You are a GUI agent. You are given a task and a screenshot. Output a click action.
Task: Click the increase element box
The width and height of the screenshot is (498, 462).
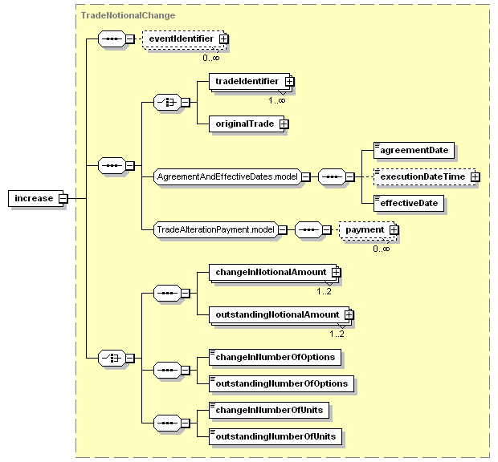click(36, 198)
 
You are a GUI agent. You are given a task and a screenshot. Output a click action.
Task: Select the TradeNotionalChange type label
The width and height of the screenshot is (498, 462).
click(128, 15)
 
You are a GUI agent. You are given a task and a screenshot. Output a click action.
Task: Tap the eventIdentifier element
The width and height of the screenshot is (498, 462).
click(184, 39)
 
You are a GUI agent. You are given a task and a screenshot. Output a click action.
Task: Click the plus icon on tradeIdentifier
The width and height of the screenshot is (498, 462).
click(289, 82)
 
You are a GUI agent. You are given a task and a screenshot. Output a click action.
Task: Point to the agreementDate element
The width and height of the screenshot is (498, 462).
click(414, 150)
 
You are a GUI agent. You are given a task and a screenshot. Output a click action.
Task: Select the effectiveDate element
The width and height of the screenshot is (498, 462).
click(408, 203)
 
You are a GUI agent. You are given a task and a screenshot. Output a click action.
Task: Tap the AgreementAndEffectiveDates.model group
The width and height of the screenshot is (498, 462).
click(227, 176)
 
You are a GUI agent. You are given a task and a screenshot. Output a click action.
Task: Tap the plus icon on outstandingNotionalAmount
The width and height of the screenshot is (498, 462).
click(349, 315)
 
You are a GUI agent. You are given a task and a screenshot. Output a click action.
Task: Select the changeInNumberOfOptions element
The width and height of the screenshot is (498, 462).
click(275, 358)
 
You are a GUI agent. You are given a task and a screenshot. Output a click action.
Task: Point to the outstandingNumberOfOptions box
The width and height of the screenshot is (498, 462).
click(281, 383)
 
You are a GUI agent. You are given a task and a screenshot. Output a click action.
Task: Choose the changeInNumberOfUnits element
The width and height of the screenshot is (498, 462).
click(269, 411)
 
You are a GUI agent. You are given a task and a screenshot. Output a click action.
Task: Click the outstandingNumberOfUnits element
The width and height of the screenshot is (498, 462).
click(276, 436)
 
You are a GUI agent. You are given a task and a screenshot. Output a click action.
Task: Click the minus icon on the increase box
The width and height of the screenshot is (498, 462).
click(63, 199)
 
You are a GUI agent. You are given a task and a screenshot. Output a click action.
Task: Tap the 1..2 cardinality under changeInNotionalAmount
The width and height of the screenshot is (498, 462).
click(324, 291)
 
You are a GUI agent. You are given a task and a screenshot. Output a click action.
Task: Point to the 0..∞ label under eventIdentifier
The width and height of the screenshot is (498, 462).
click(211, 58)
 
